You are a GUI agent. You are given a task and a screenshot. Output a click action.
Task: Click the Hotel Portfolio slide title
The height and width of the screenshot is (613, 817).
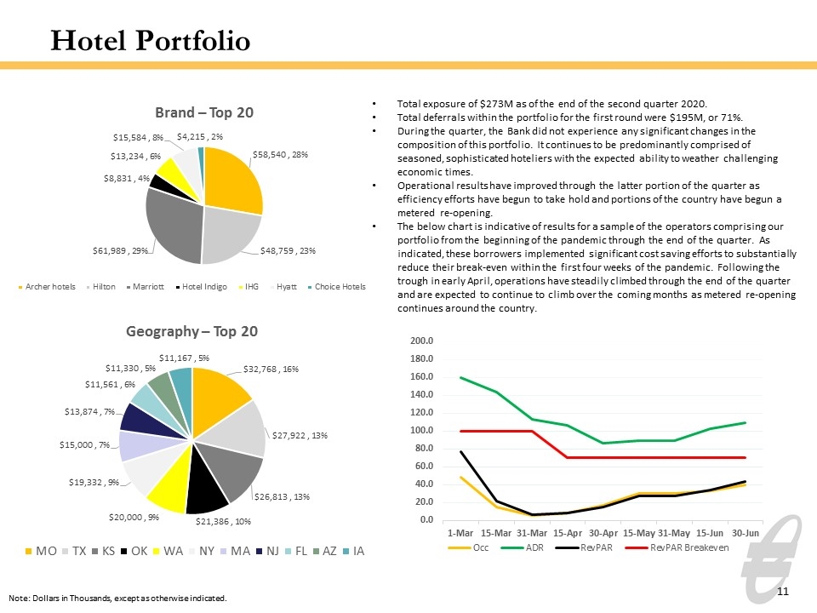151,41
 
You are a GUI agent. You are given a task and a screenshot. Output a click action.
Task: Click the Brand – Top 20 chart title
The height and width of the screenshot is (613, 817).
204,112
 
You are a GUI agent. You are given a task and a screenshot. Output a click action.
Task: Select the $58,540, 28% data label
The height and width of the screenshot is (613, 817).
280,155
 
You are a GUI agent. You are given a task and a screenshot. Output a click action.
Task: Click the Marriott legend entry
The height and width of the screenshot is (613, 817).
145,287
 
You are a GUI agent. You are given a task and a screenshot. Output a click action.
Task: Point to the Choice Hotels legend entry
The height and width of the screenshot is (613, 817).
337,287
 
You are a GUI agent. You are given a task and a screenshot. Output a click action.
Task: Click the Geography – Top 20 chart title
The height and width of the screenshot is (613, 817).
191,331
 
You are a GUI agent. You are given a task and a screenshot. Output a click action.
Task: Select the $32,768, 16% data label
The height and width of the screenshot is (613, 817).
271,369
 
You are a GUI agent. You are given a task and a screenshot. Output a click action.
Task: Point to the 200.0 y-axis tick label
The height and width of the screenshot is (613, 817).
421,341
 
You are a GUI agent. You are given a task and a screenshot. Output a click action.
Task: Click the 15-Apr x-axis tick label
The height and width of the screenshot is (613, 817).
568,533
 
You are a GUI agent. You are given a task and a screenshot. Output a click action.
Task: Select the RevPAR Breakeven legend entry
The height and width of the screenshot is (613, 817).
677,547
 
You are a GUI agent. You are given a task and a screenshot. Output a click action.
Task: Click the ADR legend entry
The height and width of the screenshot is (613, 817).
522,547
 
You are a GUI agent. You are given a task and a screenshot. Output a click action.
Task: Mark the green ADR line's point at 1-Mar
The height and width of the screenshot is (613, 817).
461,377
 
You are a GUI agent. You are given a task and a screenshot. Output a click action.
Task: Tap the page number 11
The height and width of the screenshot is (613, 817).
783,591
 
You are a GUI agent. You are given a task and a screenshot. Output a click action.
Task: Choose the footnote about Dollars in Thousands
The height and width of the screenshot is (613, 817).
117,599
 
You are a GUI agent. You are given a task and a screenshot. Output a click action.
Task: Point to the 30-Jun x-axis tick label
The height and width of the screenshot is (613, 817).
746,533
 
